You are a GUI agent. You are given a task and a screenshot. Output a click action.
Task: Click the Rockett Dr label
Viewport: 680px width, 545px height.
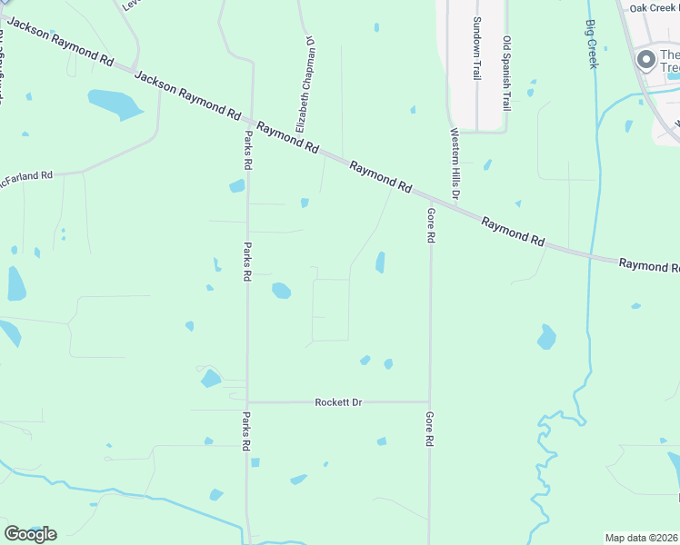(x=338, y=401)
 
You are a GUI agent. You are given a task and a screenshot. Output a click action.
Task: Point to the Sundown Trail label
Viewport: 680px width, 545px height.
(x=475, y=48)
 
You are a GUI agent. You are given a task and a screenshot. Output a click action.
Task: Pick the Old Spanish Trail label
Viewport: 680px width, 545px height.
(x=507, y=73)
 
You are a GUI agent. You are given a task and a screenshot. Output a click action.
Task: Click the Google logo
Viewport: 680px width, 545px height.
(x=30, y=533)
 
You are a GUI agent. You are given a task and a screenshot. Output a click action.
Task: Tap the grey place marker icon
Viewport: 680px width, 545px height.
(x=646, y=61)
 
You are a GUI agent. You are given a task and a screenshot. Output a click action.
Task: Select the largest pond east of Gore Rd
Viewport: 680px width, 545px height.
(x=545, y=337)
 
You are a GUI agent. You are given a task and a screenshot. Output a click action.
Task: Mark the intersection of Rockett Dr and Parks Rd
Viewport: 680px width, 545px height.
(x=247, y=401)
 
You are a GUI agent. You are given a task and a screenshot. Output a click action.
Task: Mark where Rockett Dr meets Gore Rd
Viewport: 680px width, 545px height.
(x=430, y=401)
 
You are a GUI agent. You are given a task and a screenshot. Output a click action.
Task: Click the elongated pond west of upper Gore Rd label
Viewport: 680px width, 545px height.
(x=380, y=263)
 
